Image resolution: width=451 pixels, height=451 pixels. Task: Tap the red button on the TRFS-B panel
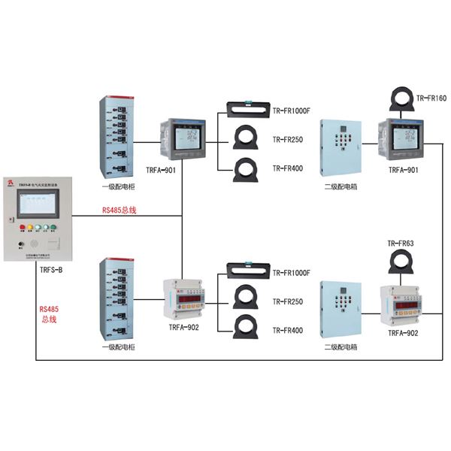(22, 228)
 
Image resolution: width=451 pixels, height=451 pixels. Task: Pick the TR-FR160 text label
(431, 98)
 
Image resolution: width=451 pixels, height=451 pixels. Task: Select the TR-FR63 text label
(401, 244)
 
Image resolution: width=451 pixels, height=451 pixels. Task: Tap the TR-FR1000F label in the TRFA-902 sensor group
(292, 273)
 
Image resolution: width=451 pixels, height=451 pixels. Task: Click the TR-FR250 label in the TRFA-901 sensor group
(287, 140)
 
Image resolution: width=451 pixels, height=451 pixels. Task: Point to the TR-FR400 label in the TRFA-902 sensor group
(287, 330)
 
